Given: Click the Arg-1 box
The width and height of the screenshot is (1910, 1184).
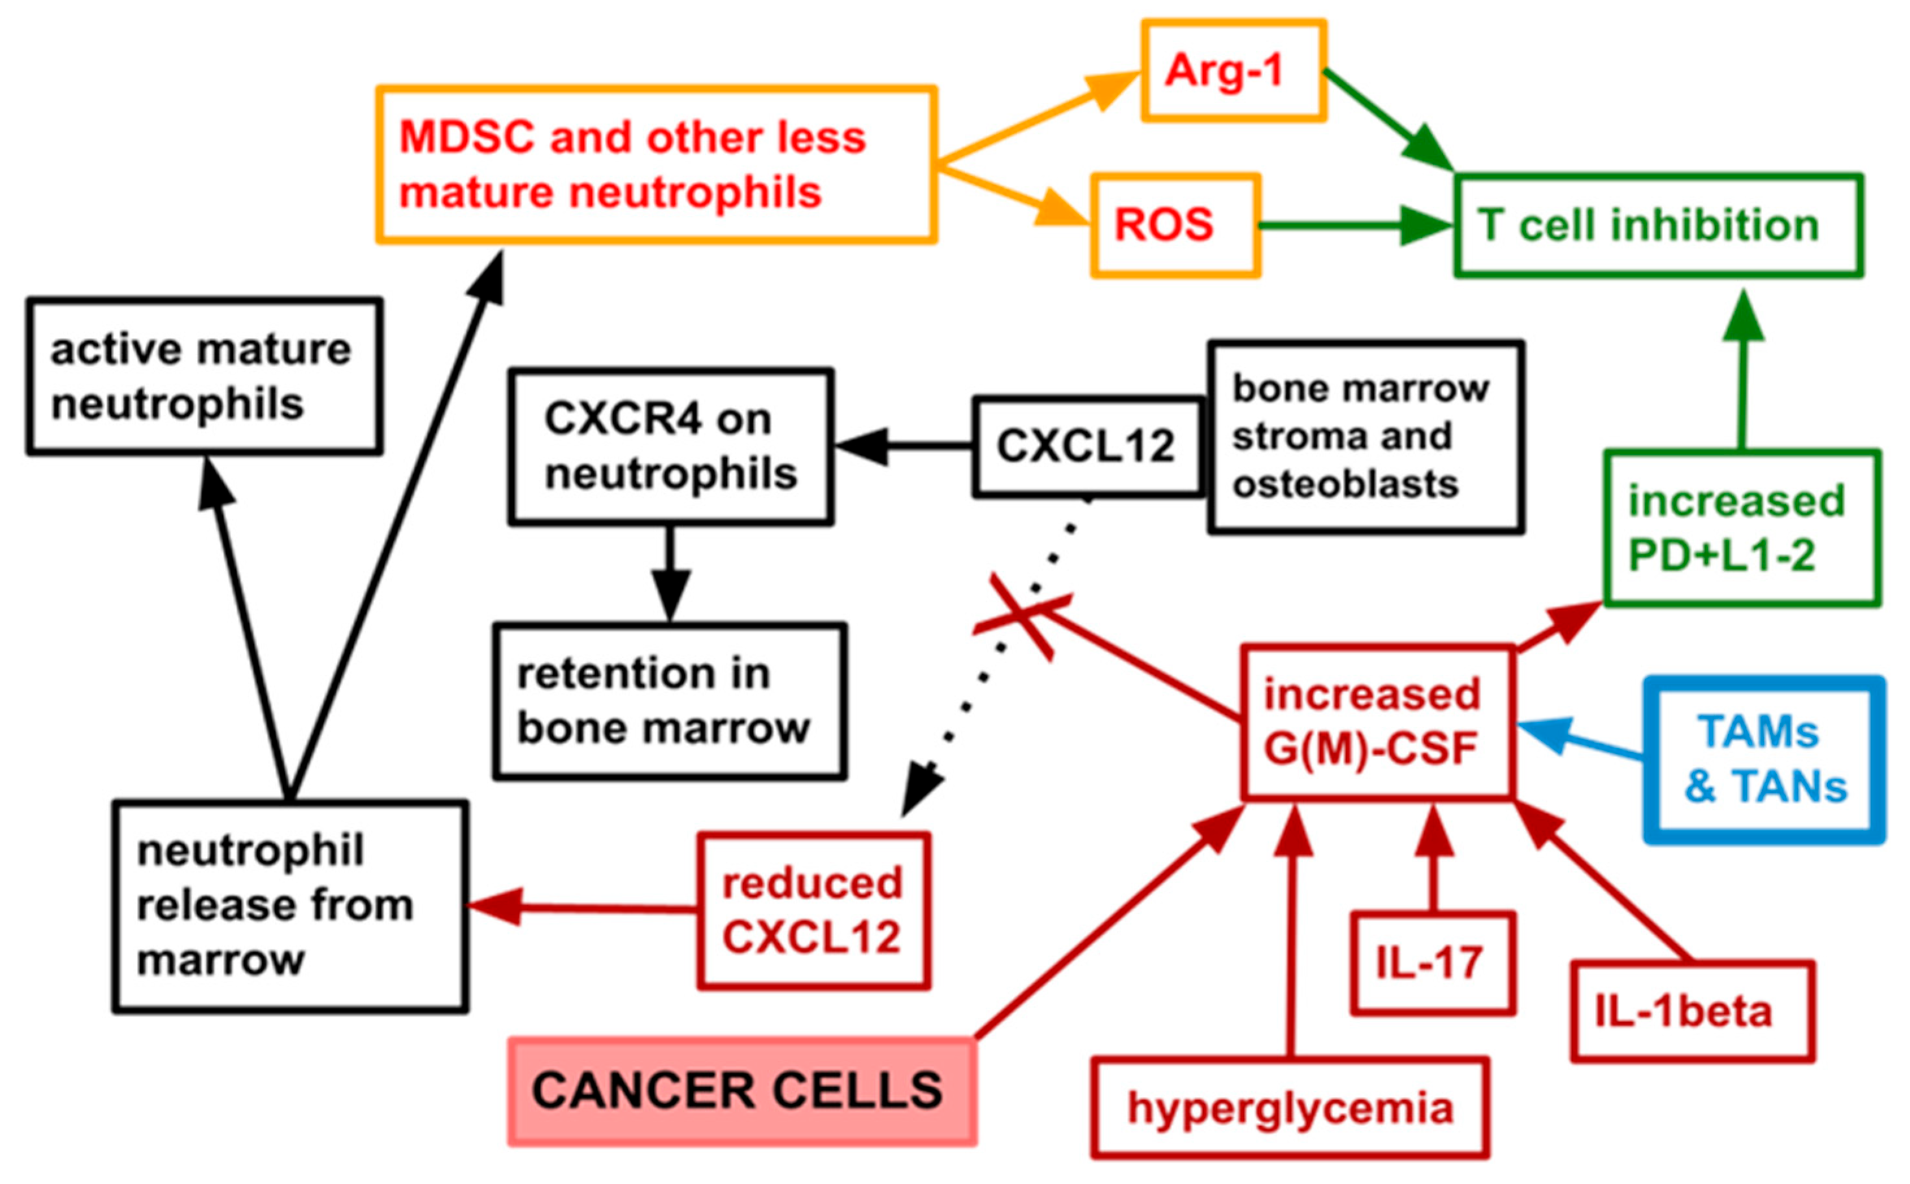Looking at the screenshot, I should (x=1233, y=70).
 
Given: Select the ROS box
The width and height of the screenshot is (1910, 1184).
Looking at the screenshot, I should (x=1174, y=225).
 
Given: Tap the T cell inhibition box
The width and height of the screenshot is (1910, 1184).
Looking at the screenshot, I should (x=1658, y=225).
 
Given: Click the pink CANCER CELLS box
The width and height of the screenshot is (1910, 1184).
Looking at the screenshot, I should (x=742, y=1091).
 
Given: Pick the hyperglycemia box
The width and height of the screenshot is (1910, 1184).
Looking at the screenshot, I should (x=1289, y=1108).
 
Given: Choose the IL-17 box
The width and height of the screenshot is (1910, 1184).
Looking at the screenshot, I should (x=1433, y=962).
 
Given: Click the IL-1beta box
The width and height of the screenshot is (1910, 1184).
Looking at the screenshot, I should (x=1692, y=1011).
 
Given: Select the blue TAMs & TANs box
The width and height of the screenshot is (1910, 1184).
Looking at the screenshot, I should (x=1764, y=760).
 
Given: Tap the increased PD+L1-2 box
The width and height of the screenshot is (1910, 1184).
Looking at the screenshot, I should (x=1741, y=528).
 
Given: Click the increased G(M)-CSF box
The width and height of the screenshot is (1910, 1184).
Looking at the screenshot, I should (x=1377, y=722).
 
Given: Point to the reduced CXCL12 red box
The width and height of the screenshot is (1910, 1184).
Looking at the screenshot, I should (x=813, y=910).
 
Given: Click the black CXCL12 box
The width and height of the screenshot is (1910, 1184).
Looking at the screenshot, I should (x=1086, y=446).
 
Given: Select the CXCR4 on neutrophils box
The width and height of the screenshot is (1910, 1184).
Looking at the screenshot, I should (x=670, y=446).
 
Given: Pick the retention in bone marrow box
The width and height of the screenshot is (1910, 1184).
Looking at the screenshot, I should (x=669, y=701).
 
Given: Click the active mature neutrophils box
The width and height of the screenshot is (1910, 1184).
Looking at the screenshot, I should (x=203, y=376).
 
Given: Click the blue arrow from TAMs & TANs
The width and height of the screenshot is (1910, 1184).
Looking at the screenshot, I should (x=1581, y=740).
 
